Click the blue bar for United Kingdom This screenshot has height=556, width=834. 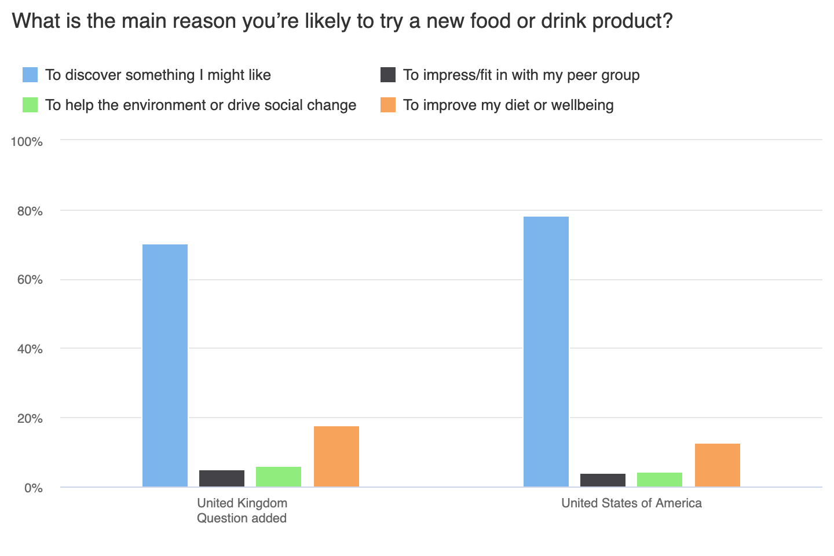(x=165, y=365)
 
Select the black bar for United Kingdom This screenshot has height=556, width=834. (x=222, y=478)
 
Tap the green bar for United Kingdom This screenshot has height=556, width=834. (x=279, y=477)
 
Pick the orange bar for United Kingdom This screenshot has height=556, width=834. (x=336, y=456)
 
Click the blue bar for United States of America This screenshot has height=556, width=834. (x=546, y=352)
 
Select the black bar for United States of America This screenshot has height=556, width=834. (x=603, y=480)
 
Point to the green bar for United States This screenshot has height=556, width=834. (x=660, y=480)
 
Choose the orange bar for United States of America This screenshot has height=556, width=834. (x=718, y=465)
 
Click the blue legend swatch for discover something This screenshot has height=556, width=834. (x=30, y=75)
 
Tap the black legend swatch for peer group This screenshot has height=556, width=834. (x=388, y=75)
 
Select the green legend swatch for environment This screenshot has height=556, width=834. (x=30, y=105)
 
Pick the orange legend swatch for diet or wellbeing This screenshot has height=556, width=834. (x=388, y=105)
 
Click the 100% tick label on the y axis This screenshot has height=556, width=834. (x=27, y=142)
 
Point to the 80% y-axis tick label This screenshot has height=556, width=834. (x=30, y=211)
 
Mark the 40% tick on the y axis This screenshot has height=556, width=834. (x=30, y=349)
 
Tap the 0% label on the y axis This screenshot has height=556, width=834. (x=33, y=488)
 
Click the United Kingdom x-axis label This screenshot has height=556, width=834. (x=242, y=503)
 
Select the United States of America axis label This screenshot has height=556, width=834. (x=631, y=503)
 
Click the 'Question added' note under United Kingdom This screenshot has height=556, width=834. (x=242, y=518)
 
